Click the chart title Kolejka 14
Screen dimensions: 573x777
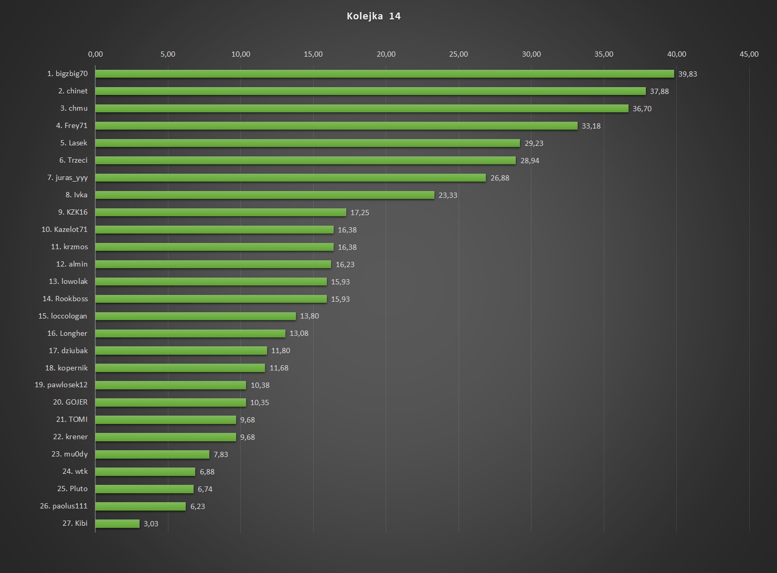[x=374, y=16]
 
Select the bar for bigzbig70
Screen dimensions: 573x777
[x=385, y=74]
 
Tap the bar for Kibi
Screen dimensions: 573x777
[x=118, y=524]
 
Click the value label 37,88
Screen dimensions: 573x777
[x=659, y=91]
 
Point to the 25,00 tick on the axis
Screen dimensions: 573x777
[x=459, y=54]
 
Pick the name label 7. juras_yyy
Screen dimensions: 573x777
[x=68, y=178]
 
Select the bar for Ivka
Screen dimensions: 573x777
[x=265, y=195]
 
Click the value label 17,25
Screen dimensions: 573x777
[x=360, y=213]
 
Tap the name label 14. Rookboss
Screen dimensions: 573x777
[x=65, y=299]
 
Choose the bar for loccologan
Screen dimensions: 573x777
[x=196, y=316]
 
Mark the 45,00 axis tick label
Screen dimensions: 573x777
[x=749, y=54]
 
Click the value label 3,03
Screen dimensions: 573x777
[x=151, y=524]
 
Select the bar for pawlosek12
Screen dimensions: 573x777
[x=171, y=385]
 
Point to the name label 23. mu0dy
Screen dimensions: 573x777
[x=70, y=454]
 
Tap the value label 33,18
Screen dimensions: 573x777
[x=591, y=126]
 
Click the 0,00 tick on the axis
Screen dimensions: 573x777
[x=95, y=54]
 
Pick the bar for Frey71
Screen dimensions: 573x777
[x=336, y=126]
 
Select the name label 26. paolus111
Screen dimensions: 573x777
[x=64, y=506]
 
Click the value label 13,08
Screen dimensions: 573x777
[x=299, y=333]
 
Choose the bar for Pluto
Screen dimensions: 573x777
[x=144, y=489]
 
